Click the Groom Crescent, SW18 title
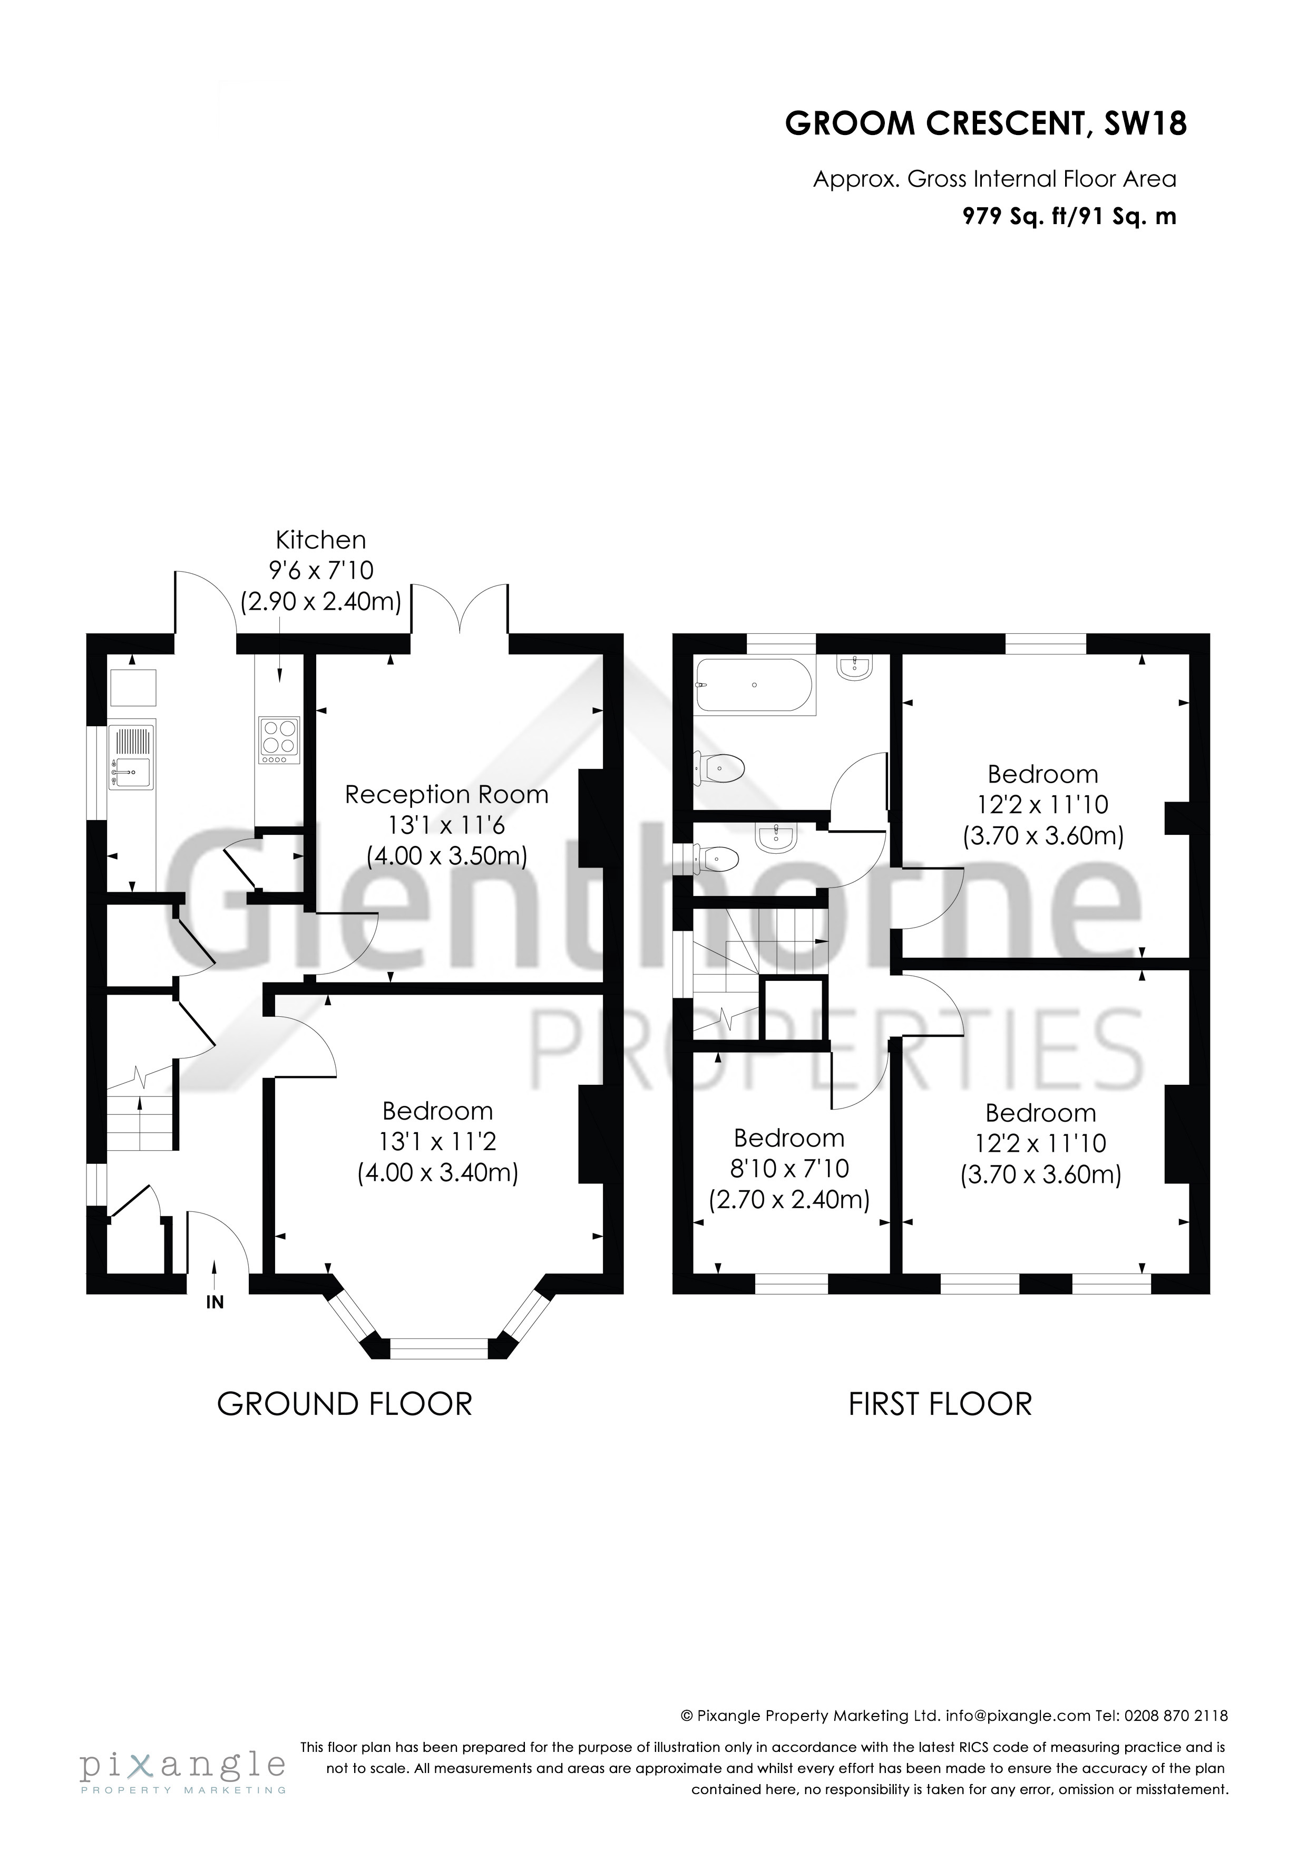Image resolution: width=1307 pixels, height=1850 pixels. click(985, 124)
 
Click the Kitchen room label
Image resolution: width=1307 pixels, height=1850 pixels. click(320, 539)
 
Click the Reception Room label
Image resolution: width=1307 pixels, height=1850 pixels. click(446, 794)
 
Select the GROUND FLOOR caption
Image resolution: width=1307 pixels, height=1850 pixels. click(345, 1404)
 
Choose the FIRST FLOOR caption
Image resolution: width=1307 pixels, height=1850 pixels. click(940, 1404)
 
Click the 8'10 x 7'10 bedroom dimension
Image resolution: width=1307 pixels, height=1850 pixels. click(789, 1168)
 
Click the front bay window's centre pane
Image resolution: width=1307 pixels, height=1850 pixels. click(439, 1348)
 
